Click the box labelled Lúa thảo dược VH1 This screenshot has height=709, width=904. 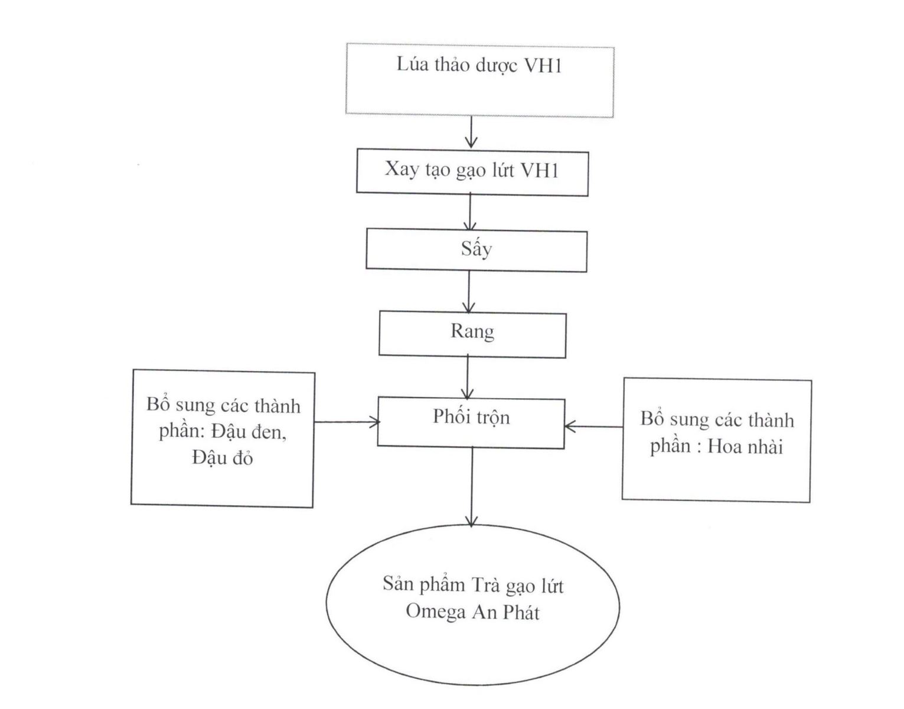click(x=479, y=80)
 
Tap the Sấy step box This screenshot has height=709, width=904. click(x=476, y=251)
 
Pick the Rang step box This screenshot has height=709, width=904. click(x=472, y=334)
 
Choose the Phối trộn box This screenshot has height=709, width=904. click(x=471, y=422)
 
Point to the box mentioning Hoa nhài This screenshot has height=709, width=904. click(x=716, y=440)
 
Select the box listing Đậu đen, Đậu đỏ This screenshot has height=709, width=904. click(x=223, y=438)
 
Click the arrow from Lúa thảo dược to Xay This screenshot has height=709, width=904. click(x=471, y=132)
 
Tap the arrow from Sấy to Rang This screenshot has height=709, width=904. click(x=469, y=292)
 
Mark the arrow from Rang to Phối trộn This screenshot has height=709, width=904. click(x=468, y=377)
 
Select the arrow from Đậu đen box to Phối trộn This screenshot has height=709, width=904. click(x=346, y=422)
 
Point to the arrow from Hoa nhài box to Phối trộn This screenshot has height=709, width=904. click(x=593, y=426)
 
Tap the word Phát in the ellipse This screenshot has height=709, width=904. click(x=521, y=612)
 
